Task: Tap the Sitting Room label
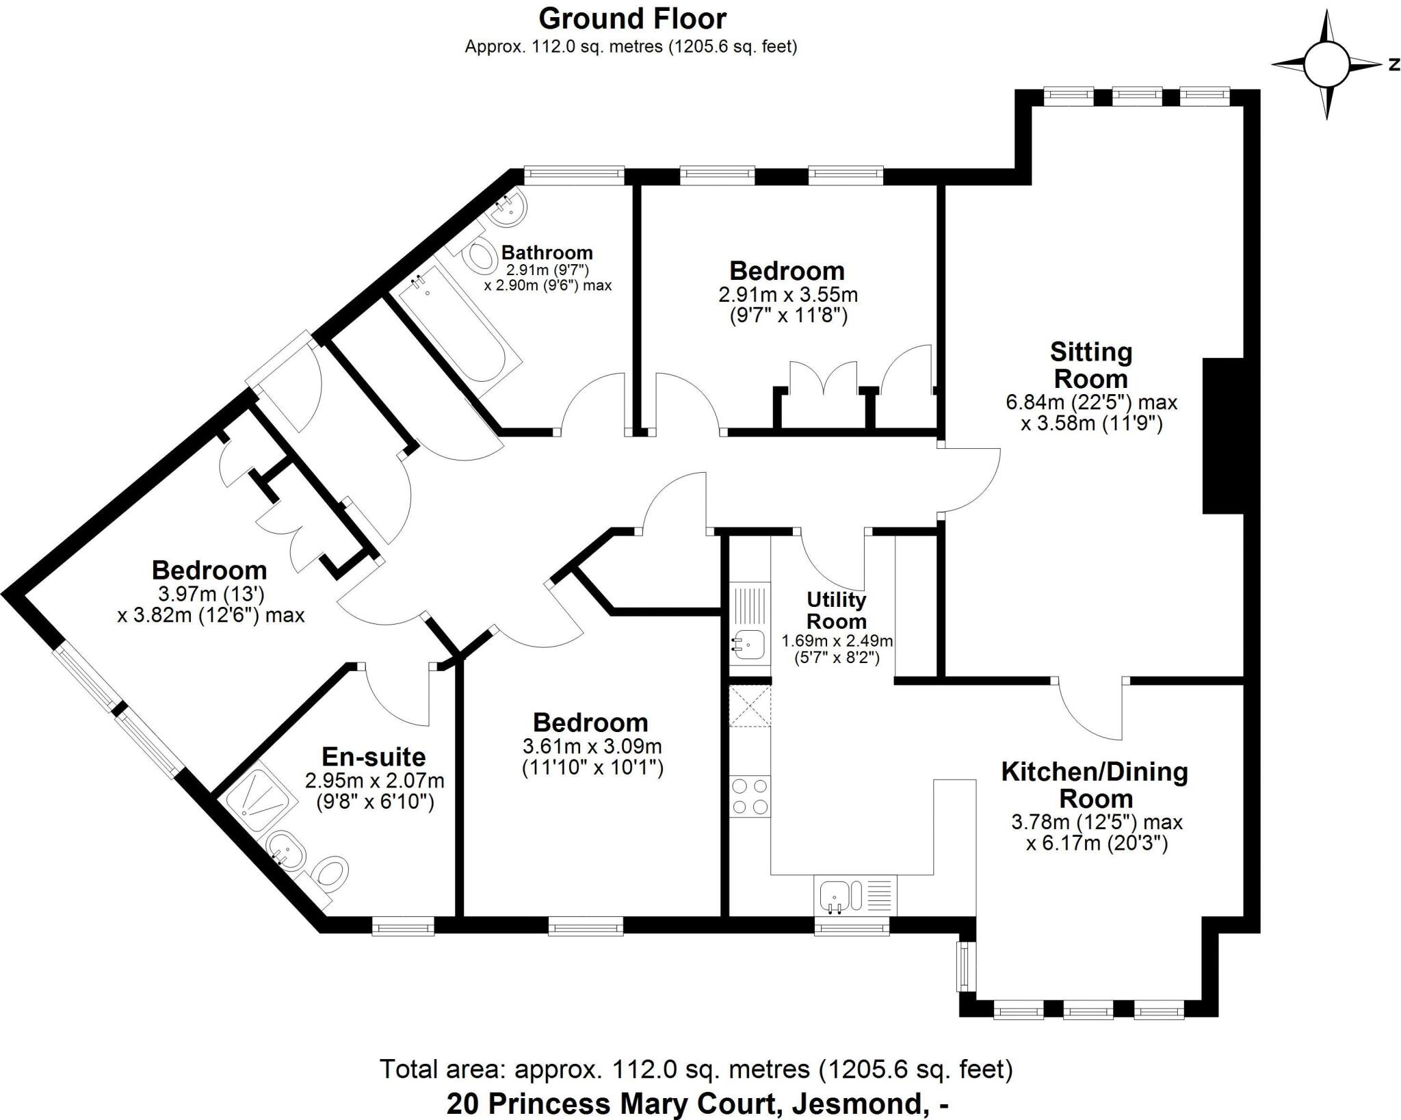tap(1091, 365)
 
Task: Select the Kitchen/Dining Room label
tap(1095, 785)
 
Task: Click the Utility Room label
tap(836, 610)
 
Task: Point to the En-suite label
tap(374, 757)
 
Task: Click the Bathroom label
tap(547, 252)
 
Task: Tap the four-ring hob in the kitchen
tap(750, 797)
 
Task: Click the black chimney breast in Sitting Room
tap(1222, 435)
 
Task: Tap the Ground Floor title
tap(632, 19)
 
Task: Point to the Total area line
tap(696, 1068)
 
